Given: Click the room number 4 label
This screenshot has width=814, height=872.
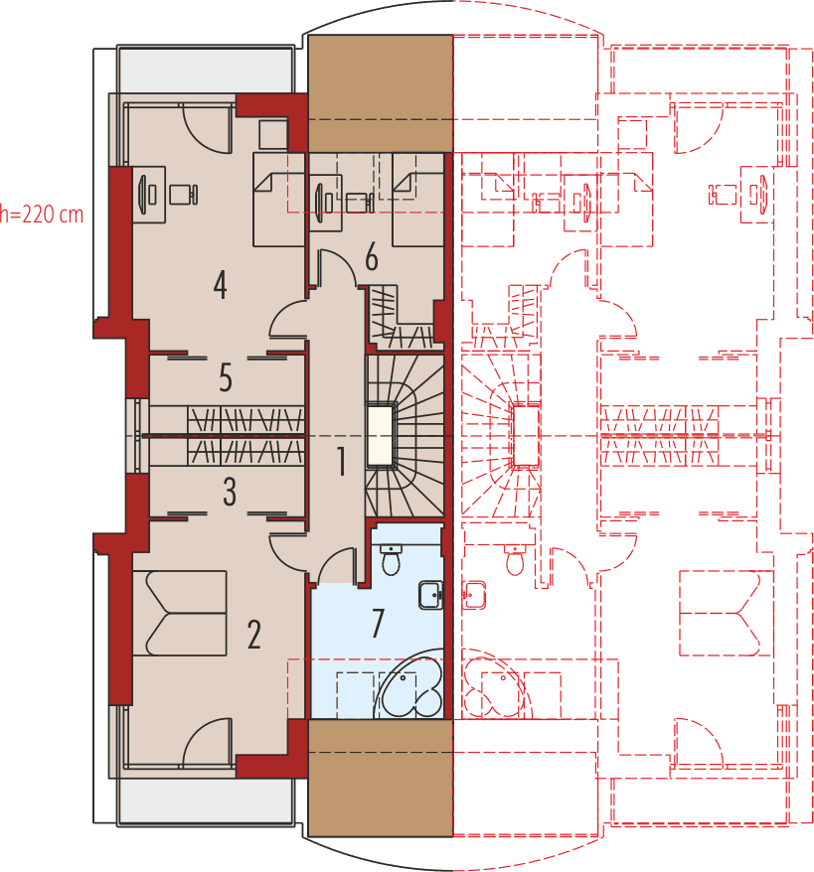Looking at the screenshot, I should click(221, 286).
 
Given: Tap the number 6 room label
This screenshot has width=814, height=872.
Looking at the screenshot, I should click(372, 258).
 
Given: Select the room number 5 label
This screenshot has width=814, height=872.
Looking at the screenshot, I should click(226, 377).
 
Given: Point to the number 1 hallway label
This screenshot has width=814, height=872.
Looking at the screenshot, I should click(341, 462).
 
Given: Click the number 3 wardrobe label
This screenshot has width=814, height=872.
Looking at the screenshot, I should click(230, 493).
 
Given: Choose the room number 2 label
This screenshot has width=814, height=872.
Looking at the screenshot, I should click(253, 634).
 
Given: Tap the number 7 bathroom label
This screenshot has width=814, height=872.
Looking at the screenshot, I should click(377, 624).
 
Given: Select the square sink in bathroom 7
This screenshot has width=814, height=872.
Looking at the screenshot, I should click(430, 594).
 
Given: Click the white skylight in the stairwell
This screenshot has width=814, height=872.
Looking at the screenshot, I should click(381, 435).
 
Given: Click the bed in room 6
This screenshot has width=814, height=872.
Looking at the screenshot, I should click(417, 199).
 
